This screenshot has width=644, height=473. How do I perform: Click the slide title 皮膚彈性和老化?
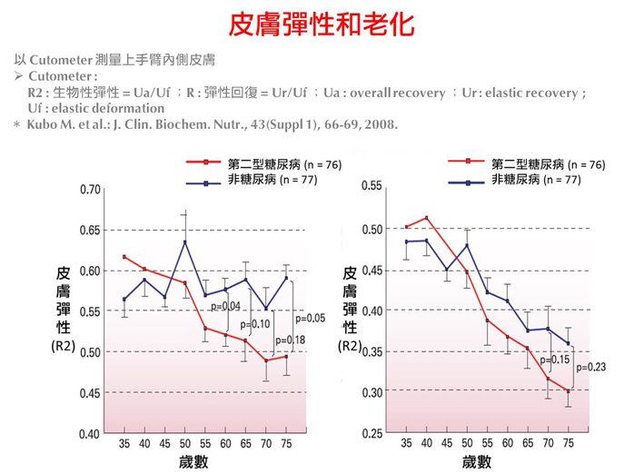[x=322, y=24]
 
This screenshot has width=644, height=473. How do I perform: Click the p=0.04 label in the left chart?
[x=224, y=306]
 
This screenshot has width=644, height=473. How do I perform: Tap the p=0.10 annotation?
[x=255, y=324]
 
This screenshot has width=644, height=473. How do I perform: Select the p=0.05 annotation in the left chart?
[x=309, y=318]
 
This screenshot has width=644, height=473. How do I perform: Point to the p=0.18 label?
[x=290, y=340]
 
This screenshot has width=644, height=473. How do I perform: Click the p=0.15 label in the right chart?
[x=554, y=360]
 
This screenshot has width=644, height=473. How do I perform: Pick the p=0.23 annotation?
[x=590, y=367]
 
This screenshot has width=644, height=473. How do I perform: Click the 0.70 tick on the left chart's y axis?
[x=88, y=190]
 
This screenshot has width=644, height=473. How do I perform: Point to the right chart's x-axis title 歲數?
[x=477, y=461]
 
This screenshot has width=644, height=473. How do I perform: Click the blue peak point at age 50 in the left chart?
[x=185, y=241]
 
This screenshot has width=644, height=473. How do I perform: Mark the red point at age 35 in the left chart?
[x=124, y=257]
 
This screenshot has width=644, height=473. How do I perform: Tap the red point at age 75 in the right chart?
[x=568, y=391]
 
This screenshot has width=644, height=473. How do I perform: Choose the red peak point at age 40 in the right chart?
[x=427, y=218]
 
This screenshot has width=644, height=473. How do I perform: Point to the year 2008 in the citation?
[x=379, y=123]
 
